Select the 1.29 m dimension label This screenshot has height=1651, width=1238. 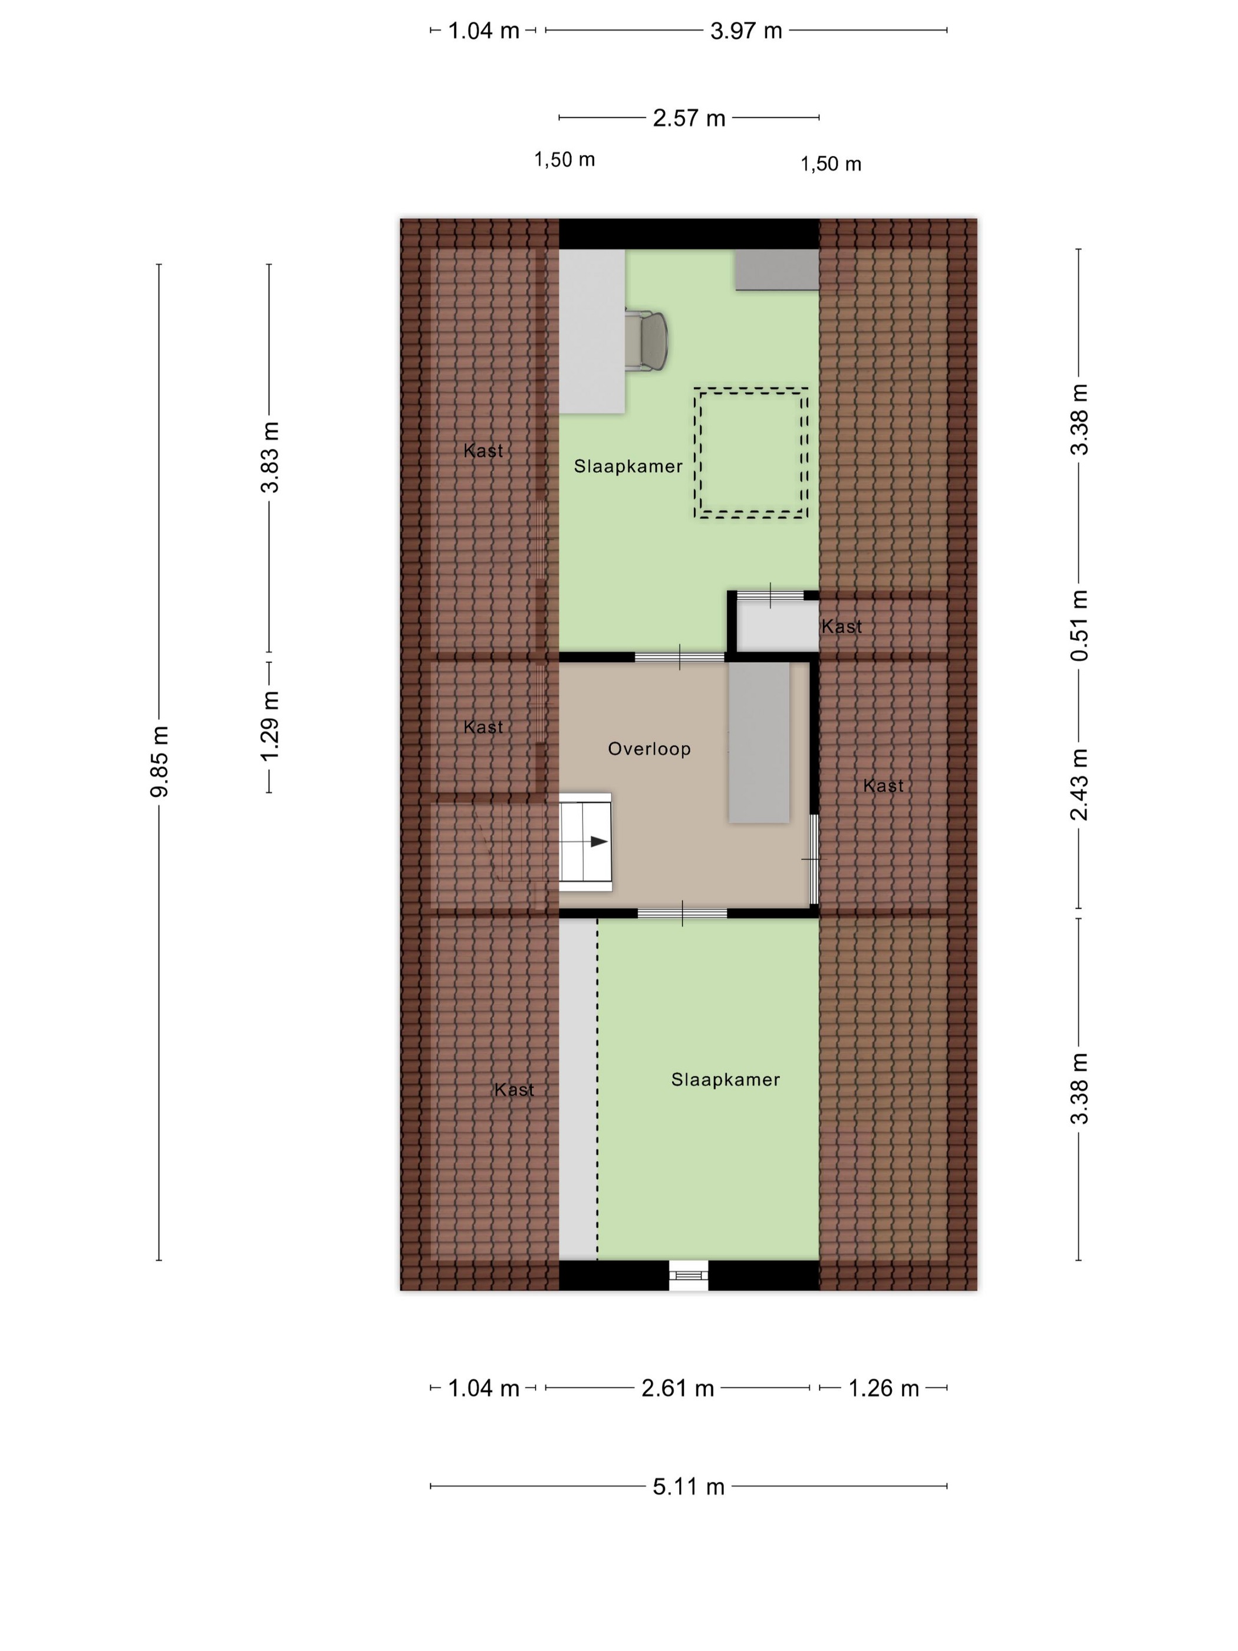(x=269, y=725)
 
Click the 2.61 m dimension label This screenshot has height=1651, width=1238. (x=677, y=1387)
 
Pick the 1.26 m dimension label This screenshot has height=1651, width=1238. (x=884, y=1387)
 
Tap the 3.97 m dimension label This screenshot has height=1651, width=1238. (x=746, y=31)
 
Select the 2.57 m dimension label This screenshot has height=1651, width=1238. (x=689, y=118)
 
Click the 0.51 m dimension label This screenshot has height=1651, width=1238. (x=1079, y=626)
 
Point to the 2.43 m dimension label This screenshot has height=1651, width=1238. (x=1079, y=784)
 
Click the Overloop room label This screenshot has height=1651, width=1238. (x=649, y=749)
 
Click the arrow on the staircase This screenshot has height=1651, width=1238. (x=598, y=841)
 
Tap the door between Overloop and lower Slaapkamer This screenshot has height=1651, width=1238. (x=682, y=913)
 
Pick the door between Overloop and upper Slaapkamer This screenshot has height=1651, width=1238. (x=679, y=657)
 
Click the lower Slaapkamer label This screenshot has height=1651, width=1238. (x=725, y=1079)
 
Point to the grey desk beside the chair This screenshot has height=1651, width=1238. (x=592, y=331)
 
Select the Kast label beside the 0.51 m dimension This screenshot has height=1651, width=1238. (x=842, y=626)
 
